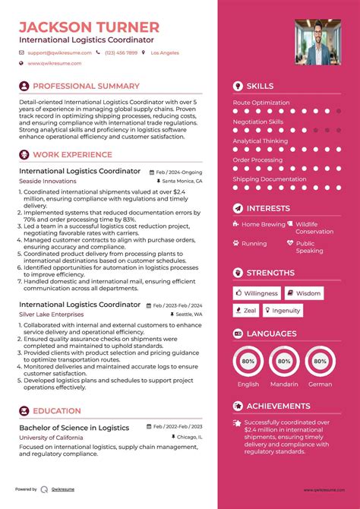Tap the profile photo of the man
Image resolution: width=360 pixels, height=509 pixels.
pos(317,43)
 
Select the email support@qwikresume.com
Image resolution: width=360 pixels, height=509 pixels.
pos(59,53)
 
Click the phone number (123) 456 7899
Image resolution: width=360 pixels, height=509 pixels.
pos(122,53)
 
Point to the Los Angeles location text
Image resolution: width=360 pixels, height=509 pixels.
pos(165,53)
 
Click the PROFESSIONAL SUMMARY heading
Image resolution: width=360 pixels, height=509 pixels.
pos(86,86)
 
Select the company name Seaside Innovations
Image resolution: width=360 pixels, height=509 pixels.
pos(47,182)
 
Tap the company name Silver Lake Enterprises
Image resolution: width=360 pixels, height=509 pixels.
pos(52,314)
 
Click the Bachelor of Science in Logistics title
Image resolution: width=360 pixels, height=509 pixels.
pos(73,428)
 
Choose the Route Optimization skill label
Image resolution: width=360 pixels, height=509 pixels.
pos(261,103)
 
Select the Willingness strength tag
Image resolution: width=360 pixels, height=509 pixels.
pos(256,293)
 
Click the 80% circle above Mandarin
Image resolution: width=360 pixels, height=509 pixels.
pos(283,362)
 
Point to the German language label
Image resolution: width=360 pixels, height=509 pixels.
pos(320,384)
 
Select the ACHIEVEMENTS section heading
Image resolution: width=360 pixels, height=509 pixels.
pos(278,406)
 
